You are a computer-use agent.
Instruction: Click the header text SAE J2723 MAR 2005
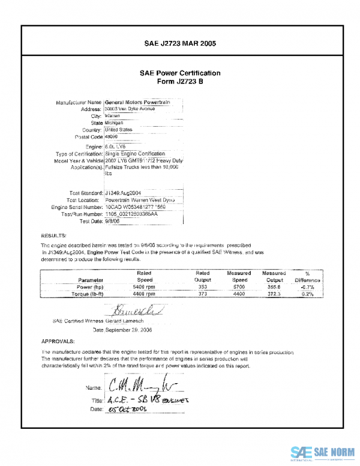pyautogui.click(x=180, y=44)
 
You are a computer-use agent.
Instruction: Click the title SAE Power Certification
pyautogui.click(x=180, y=73)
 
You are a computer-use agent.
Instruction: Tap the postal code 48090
pyautogui.click(x=112, y=136)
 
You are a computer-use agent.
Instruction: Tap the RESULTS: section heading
pyautogui.click(x=54, y=235)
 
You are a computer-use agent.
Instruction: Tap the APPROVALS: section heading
pyautogui.click(x=58, y=340)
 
